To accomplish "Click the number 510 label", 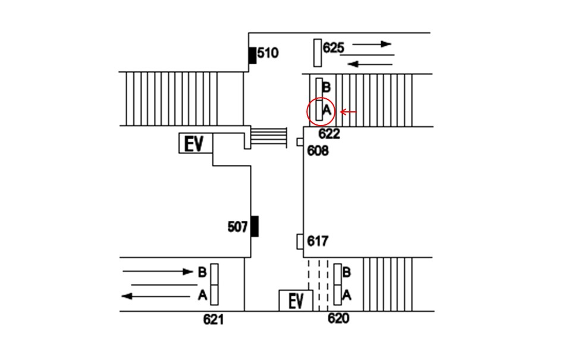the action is coord(268,53).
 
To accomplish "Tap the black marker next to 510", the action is coord(252,55).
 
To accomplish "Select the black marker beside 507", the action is coord(255,226).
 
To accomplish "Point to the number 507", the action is coord(237,227).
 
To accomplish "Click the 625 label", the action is coord(333,48).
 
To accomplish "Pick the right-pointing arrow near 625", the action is coord(372,44).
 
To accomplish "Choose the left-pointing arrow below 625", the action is coord(370,64).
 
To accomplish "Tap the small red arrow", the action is coord(348,112).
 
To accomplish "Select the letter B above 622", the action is coord(327,87).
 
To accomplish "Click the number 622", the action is coord(329,134).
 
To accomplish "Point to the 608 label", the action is coord(318,151).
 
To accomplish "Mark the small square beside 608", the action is coord(300,142).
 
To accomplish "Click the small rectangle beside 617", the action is coord(300,242).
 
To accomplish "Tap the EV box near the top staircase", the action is coord(196,143).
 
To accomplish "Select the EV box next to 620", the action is coord(296,300).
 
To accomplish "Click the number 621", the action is coord(214,320).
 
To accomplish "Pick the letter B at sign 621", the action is coord(202,272).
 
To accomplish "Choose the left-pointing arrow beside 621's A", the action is coord(155,296).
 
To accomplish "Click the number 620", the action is coord(338,318).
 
